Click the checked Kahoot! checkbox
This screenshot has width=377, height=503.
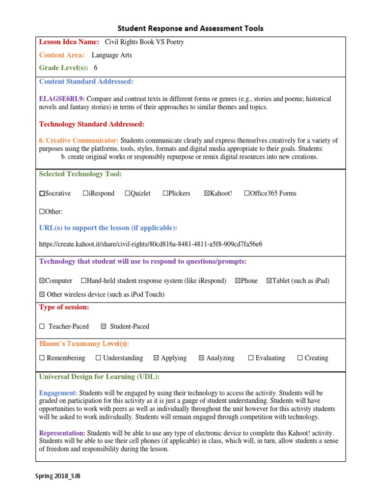pos(207,194)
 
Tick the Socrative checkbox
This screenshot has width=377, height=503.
pos(42,194)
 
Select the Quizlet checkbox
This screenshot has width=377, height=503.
pos(128,194)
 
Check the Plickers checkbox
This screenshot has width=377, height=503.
pos(165,194)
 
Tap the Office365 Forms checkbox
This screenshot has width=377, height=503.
pos(246,194)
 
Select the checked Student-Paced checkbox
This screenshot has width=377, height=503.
pos(104,327)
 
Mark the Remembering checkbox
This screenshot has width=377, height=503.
pos(42,358)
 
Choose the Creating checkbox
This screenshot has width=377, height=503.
pos(300,358)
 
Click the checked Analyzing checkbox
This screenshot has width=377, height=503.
pos(201,358)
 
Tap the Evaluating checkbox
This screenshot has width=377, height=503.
pos(251,358)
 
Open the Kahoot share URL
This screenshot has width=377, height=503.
pos(151,244)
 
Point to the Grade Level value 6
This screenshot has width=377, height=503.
pos(96,68)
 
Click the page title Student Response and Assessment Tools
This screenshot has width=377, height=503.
pos(190,28)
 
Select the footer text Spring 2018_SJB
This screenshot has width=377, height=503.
pos(57,476)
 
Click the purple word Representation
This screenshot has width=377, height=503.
pos(62,433)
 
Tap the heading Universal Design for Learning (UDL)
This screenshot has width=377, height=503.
pos(99,377)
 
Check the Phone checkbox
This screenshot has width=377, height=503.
pos(238,281)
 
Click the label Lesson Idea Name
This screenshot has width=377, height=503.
pos(69,42)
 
